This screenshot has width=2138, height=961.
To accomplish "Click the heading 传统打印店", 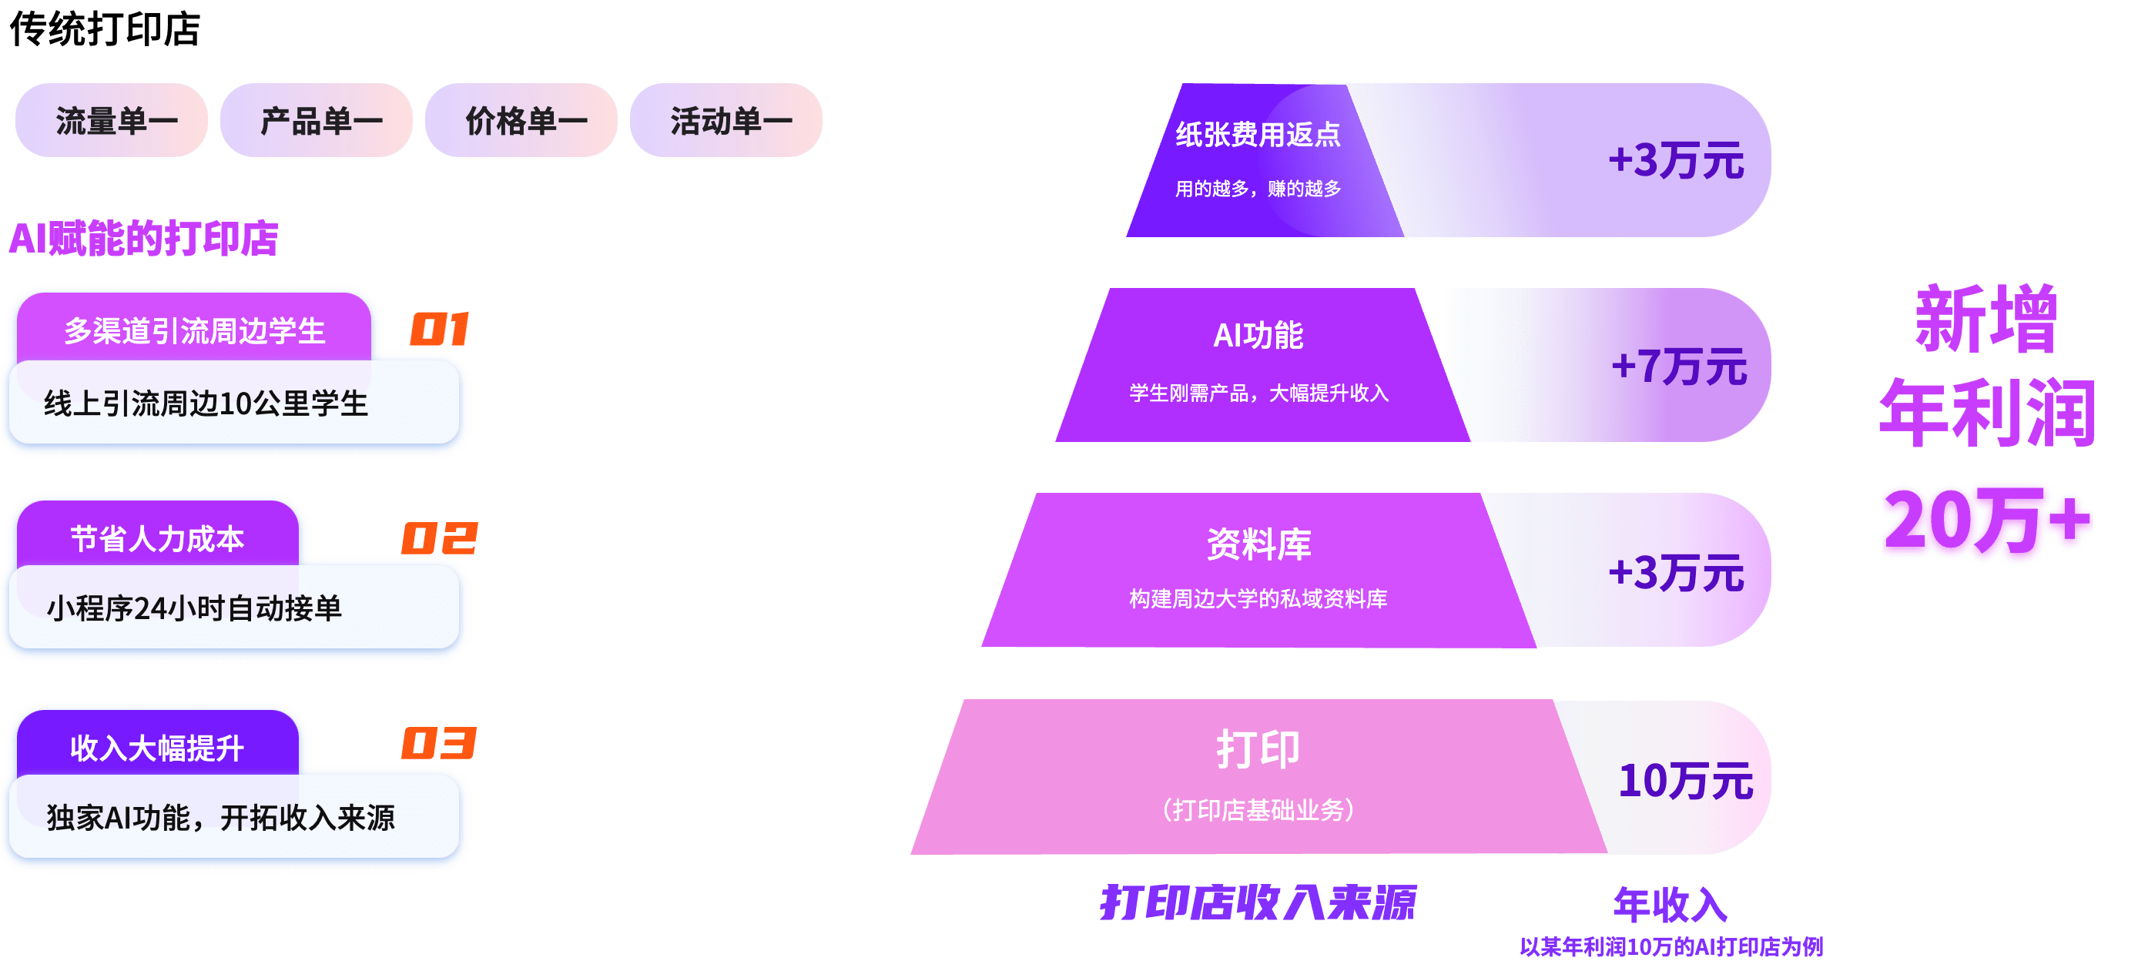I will pyautogui.click(x=105, y=30).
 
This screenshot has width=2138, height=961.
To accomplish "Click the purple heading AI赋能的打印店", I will pyautogui.click(x=142, y=239).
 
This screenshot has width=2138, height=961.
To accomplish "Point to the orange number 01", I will pyautogui.click(x=439, y=330).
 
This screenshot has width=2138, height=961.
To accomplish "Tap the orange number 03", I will pyautogui.click(x=439, y=744).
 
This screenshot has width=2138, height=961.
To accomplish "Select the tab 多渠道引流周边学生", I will pyautogui.click(x=195, y=331).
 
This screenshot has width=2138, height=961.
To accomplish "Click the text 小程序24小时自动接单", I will pyautogui.click(x=194, y=608).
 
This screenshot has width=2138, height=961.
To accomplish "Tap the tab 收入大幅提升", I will pyautogui.click(x=157, y=748).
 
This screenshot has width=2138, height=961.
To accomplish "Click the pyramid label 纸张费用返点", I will pyautogui.click(x=1258, y=135).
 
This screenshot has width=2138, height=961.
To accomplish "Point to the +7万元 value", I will pyautogui.click(x=1678, y=366).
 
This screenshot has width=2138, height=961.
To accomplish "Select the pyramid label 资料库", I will pyautogui.click(x=1258, y=544).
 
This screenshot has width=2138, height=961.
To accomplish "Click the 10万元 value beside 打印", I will pyautogui.click(x=1685, y=781).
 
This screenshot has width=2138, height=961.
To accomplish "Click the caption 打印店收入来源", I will pyautogui.click(x=1258, y=903).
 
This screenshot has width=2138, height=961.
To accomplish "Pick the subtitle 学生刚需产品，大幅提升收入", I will pyautogui.click(x=1258, y=393).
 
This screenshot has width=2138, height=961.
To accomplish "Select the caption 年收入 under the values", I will pyautogui.click(x=1670, y=904).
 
